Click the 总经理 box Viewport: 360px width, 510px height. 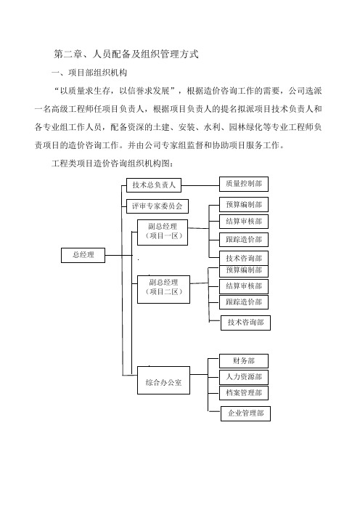[83, 255]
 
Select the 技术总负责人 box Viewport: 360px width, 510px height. [154, 185]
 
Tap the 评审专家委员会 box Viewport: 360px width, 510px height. [157, 206]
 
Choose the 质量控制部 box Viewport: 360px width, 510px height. [244, 184]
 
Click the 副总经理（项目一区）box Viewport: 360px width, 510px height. [163, 232]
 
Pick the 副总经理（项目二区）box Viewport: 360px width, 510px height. [163, 289]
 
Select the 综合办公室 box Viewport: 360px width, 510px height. [163, 380]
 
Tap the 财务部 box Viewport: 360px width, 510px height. [244, 361]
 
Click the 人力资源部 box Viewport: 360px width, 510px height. [244, 377]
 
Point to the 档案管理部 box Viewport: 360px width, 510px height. [244, 393]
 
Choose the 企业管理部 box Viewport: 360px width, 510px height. [245, 413]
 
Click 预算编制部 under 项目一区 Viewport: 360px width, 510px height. [244, 205]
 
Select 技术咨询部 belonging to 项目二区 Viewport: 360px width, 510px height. [245, 323]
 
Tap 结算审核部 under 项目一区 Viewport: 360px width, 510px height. [244, 222]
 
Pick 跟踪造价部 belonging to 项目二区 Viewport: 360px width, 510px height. [244, 302]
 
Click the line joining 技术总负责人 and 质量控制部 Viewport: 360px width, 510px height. [200, 186]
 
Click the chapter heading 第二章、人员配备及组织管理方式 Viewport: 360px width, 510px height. [126, 54]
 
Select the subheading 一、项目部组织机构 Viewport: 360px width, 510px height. [89, 73]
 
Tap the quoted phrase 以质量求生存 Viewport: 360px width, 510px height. [86, 91]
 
